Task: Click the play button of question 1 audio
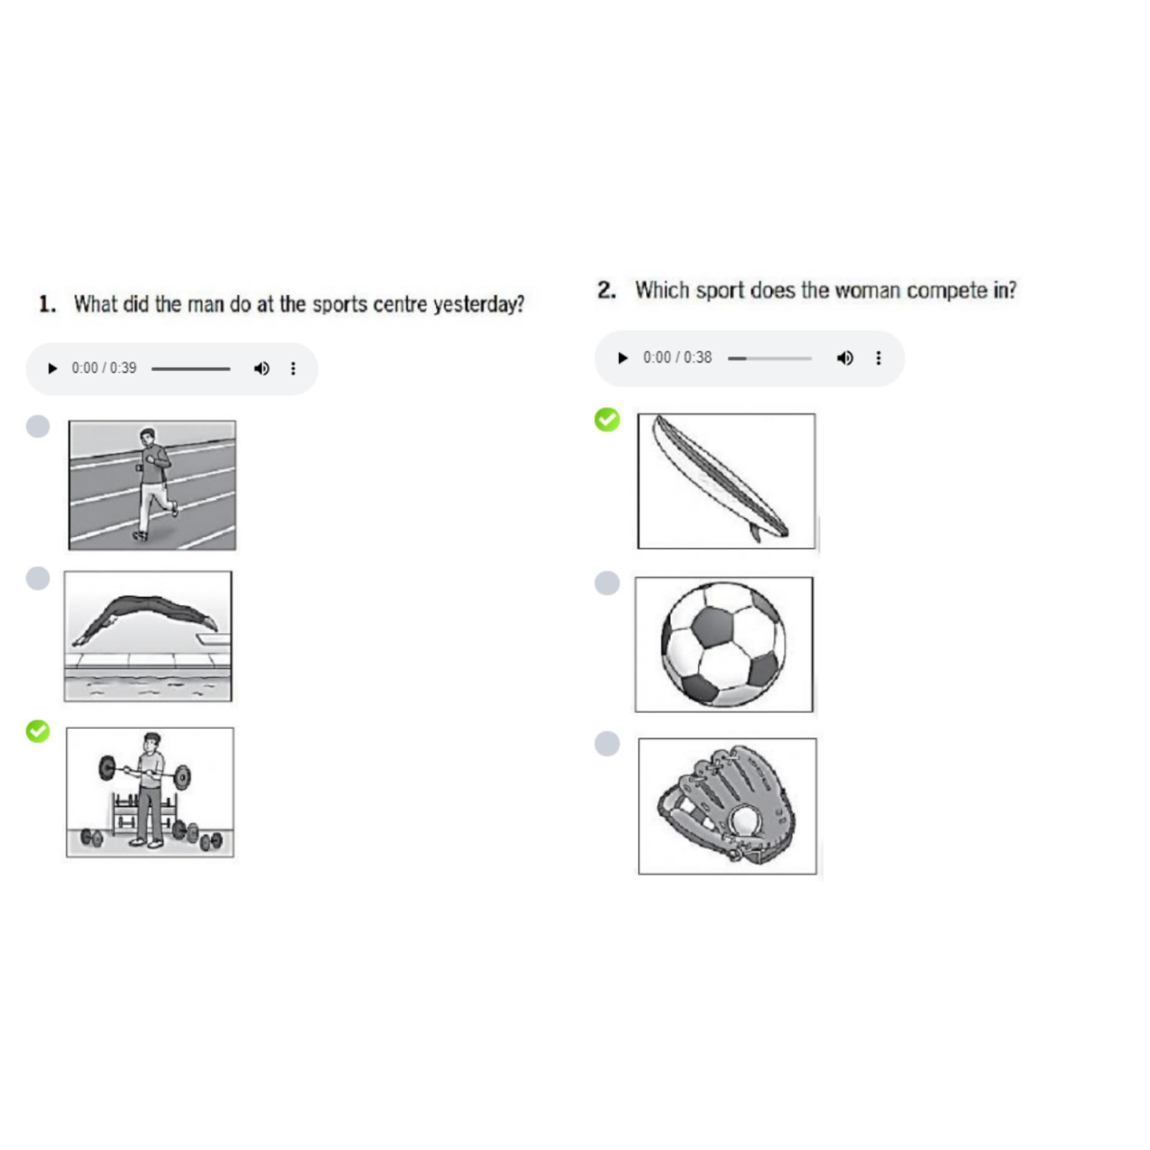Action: [x=53, y=368]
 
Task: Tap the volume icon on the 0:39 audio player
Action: [x=261, y=368]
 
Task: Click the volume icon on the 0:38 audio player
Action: [x=845, y=358]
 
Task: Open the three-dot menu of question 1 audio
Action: [x=293, y=368]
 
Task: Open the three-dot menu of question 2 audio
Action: [x=878, y=358]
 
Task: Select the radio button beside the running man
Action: [x=38, y=426]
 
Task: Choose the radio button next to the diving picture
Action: [x=38, y=579]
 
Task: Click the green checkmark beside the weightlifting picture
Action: [x=38, y=731]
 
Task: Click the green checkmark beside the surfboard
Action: [x=607, y=419]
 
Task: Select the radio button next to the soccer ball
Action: [x=607, y=583]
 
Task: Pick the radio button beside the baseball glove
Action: [x=607, y=743]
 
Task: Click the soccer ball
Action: [x=724, y=644]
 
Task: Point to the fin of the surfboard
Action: [x=754, y=532]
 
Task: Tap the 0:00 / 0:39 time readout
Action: [x=104, y=368]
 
